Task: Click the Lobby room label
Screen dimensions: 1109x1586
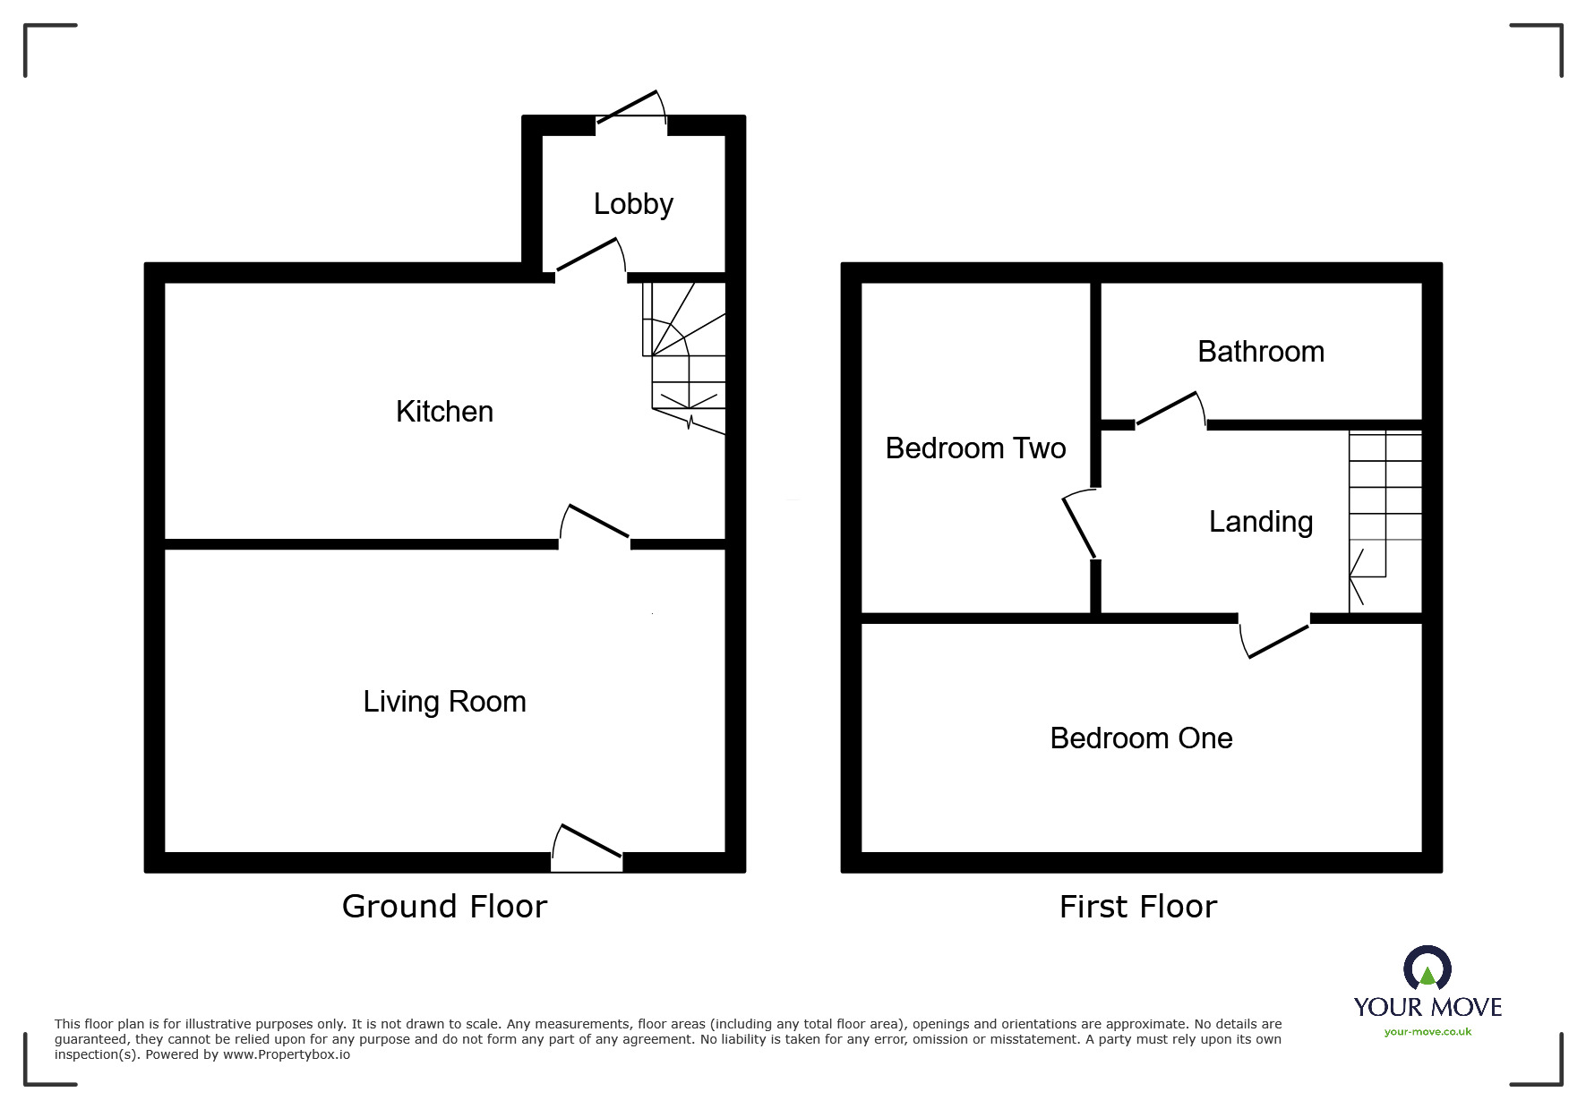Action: pos(633,204)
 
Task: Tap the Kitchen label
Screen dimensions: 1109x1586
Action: pos(444,412)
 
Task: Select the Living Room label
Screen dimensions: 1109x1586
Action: pos(444,702)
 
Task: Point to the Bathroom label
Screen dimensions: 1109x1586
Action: pos(1260,352)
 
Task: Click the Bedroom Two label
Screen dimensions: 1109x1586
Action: pos(975,448)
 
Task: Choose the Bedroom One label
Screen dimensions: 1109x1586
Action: pos(1141,738)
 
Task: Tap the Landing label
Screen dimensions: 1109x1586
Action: pos(1260,522)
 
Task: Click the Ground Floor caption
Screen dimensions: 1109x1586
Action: pos(444,907)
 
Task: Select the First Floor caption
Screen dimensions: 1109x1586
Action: pos(1137,907)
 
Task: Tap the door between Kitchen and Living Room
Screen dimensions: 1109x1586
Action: pos(596,525)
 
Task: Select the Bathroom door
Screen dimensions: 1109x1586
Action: pos(1170,411)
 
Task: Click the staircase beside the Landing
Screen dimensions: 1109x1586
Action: pos(1385,519)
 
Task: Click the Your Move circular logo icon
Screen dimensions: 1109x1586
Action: pos(1427,968)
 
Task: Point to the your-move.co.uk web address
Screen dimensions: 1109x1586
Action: pos(1427,1032)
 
